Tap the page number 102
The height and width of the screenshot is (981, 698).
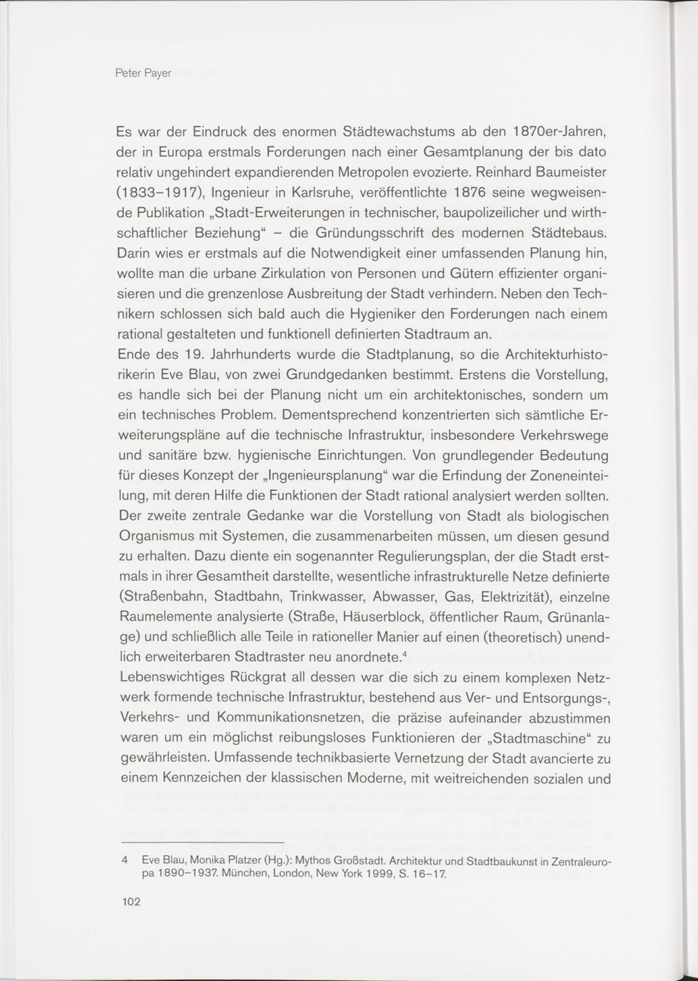tap(131, 901)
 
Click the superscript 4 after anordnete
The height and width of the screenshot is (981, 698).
tap(405, 655)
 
